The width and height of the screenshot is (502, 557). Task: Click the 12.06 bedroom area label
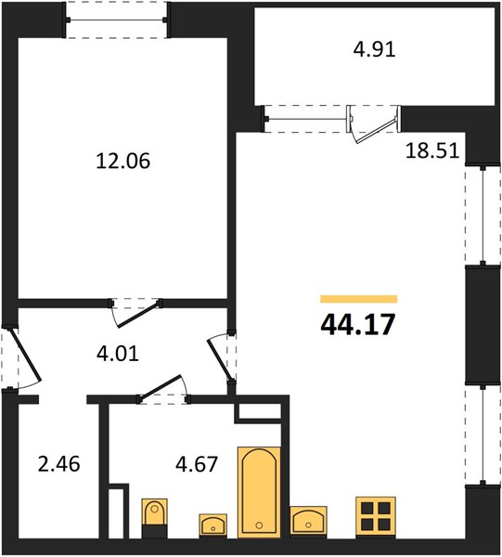point(123,161)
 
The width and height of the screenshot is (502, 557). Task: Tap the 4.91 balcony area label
point(374,49)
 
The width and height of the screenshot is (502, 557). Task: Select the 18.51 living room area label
point(432,150)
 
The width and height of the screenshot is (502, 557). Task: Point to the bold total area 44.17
point(358,325)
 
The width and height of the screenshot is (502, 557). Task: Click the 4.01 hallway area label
point(118,354)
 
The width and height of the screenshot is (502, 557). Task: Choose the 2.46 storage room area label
point(59,464)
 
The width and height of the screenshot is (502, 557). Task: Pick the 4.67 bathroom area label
point(197,464)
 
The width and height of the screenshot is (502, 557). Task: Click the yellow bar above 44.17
point(358,299)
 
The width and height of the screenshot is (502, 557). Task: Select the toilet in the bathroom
point(154,518)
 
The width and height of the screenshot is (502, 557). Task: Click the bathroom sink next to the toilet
point(213,525)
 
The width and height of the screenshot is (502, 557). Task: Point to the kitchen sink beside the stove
point(308,520)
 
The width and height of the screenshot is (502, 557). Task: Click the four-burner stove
point(376,518)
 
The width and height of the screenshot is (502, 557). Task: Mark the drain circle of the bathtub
point(259,525)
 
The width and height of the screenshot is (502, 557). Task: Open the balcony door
point(377,130)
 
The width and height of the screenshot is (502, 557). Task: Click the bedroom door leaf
point(138,314)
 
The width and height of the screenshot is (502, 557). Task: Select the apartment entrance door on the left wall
point(26,356)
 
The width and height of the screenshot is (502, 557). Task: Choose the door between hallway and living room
point(221,358)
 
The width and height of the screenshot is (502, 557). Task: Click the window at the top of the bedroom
point(116,19)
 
